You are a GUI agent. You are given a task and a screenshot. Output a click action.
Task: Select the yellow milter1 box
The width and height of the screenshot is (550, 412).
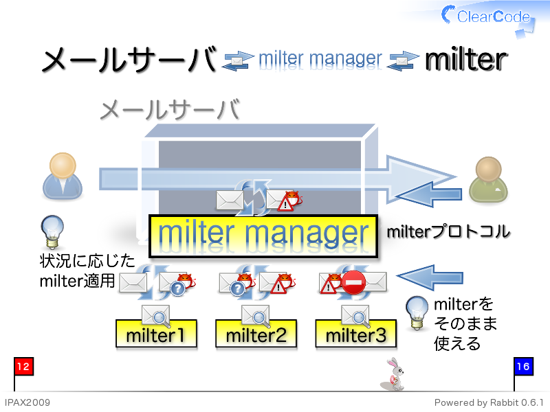pos(156,334)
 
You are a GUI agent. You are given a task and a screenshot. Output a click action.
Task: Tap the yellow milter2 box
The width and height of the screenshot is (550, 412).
pos(256,334)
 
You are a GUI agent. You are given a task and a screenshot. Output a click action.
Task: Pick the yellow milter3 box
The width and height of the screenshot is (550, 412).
pos(355,334)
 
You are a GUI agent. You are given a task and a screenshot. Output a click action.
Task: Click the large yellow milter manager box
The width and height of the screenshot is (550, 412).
pos(263,236)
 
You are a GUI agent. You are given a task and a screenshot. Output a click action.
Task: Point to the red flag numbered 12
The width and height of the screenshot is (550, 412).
pos(23,367)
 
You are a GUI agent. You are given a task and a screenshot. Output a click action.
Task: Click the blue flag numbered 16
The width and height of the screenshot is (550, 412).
pos(523,367)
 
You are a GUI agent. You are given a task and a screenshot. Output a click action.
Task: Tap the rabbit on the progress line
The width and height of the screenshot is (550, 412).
pos(393,374)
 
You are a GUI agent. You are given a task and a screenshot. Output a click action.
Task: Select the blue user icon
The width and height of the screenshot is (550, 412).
pos(63,176)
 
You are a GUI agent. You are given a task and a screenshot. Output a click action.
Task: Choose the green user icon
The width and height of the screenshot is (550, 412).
pos(488,179)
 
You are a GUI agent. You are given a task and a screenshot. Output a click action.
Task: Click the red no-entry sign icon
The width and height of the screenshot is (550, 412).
pos(353,282)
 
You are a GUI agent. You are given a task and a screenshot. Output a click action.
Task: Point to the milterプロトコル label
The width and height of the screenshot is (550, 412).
pos(448,232)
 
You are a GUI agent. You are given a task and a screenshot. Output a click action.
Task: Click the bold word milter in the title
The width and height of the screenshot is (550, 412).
pos(466,59)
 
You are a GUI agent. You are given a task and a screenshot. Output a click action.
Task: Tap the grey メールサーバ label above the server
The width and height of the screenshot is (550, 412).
pos(170,110)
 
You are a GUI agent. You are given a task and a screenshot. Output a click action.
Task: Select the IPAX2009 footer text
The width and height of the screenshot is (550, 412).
pos(27,402)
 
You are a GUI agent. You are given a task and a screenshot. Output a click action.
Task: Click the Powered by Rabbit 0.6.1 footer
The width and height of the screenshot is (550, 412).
pos(489,402)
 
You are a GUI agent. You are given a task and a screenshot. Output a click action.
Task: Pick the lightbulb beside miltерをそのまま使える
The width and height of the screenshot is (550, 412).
pos(417,313)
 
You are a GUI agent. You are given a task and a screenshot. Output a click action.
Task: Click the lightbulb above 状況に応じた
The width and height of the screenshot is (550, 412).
pos(52,231)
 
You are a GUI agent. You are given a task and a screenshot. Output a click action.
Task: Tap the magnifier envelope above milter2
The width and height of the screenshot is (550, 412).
pos(256,315)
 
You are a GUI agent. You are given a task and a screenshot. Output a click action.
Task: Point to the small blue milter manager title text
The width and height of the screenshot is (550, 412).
pos(320,60)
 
